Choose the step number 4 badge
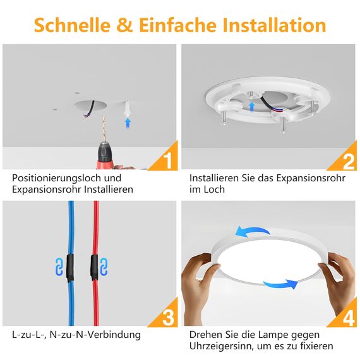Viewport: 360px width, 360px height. coord(348,316)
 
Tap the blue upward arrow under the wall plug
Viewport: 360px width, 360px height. coord(128,123)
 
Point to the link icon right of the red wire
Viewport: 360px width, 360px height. coord(104,266)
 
